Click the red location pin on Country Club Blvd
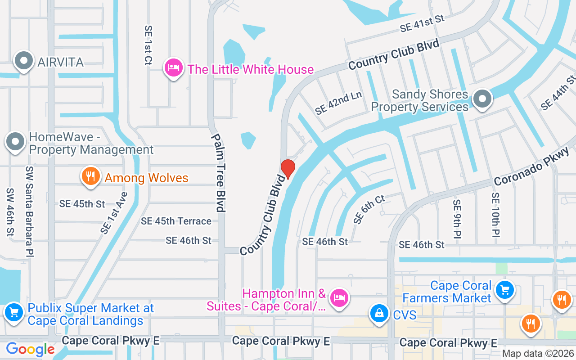(288, 169)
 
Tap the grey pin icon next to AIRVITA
(24, 61)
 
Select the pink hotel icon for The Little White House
(174, 68)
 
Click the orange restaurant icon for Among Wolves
(90, 177)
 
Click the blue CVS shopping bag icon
(379, 313)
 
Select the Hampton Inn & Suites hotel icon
(339, 298)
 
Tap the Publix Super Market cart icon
(13, 312)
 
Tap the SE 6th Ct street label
(369, 209)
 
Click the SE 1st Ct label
(148, 45)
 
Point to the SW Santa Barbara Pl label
(30, 211)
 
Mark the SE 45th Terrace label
(176, 221)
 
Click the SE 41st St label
(422, 23)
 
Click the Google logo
(30, 349)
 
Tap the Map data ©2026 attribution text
(538, 354)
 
